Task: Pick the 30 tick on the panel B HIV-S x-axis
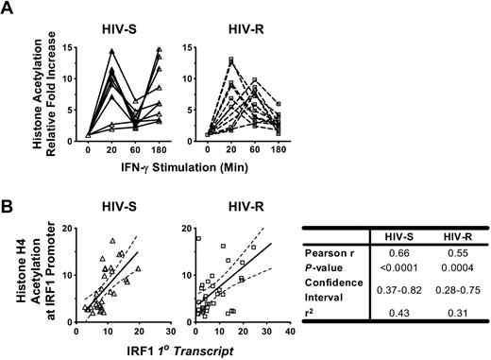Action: pos(169,332)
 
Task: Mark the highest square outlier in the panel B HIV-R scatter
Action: pos(198,238)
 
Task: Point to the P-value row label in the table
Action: pos(326,270)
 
